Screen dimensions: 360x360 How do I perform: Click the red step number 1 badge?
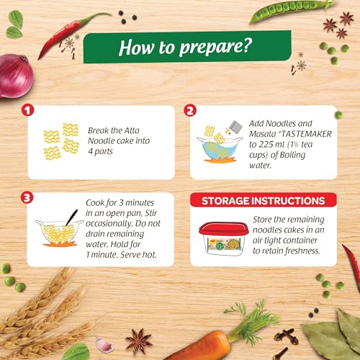click(27, 110)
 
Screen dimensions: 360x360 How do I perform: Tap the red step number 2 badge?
click(190, 111)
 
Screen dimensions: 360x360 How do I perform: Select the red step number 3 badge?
click(27, 198)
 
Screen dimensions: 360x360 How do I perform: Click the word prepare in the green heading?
click(211, 47)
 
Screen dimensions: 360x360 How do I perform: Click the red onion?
click(16, 76)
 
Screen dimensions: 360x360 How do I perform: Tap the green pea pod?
click(291, 11)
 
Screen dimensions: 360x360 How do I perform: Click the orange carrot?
click(202, 346)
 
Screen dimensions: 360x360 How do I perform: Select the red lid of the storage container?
click(223, 228)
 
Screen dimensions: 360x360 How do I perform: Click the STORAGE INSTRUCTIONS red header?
click(264, 200)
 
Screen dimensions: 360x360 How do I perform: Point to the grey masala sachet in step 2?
click(235, 127)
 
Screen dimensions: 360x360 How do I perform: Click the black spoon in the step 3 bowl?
click(72, 217)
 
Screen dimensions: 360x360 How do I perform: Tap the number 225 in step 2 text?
click(265, 145)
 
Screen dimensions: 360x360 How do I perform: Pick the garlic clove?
click(104, 345)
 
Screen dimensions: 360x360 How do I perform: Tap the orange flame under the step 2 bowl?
click(219, 160)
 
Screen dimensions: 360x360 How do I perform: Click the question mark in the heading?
click(247, 45)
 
